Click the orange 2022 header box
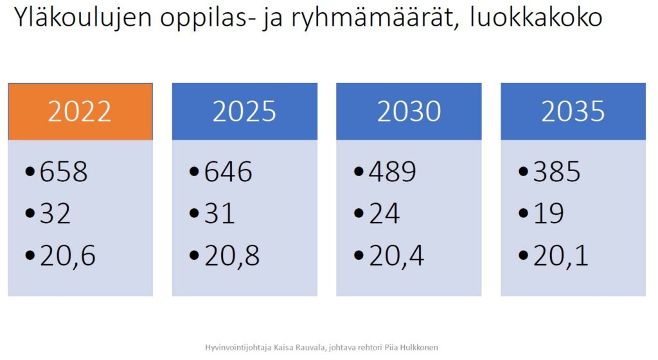80,112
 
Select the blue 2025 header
245,112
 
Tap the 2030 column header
409,112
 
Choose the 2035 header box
573,112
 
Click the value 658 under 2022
64,172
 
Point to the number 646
228,172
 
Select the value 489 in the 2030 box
393,172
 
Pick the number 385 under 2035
557,172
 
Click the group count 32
55,213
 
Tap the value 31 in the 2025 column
219,213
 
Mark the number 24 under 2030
384,213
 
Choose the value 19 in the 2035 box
549,213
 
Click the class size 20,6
67,256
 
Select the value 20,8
232,256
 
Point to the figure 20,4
396,256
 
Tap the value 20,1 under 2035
560,256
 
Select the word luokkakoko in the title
536,17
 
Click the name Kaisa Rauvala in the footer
299,347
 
